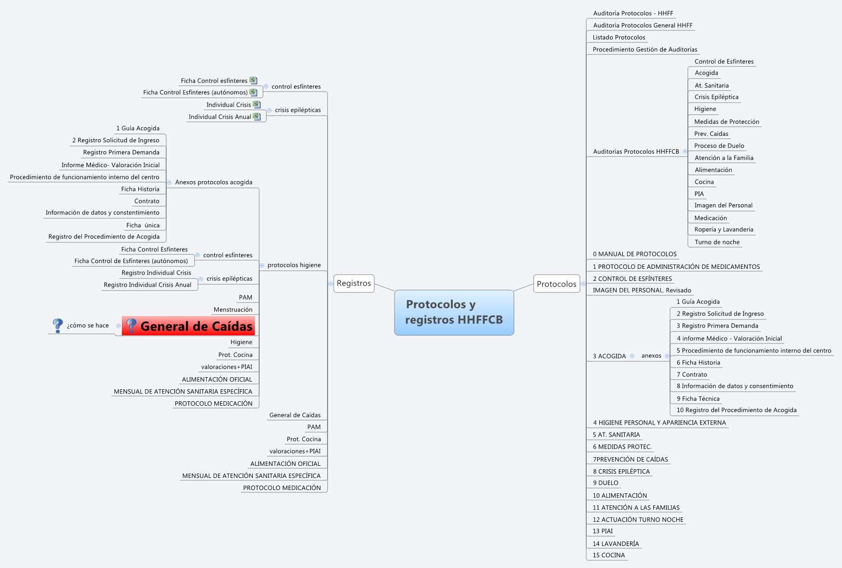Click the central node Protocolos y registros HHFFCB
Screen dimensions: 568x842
point(454,312)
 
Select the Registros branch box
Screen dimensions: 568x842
point(354,283)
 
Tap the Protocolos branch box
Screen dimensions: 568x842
point(556,284)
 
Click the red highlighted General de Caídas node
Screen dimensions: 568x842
point(188,326)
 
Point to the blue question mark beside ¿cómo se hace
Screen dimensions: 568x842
point(57,326)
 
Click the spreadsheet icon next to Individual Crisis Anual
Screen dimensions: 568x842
point(257,117)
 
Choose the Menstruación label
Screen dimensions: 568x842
point(233,310)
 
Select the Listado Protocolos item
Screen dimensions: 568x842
point(618,38)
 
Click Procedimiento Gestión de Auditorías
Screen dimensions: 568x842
point(645,50)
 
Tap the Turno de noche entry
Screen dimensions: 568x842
point(717,242)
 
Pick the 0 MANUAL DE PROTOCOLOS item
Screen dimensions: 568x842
point(634,254)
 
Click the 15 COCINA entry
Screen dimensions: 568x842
point(608,555)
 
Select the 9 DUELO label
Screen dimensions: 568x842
point(605,483)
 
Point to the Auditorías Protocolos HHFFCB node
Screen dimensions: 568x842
point(636,152)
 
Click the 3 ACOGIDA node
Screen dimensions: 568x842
point(609,357)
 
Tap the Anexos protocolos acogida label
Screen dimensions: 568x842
point(213,183)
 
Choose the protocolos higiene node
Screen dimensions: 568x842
point(294,265)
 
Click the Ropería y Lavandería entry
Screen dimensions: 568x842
point(724,230)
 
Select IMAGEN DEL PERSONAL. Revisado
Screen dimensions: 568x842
point(642,291)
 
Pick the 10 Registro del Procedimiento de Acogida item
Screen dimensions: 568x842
point(736,410)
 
